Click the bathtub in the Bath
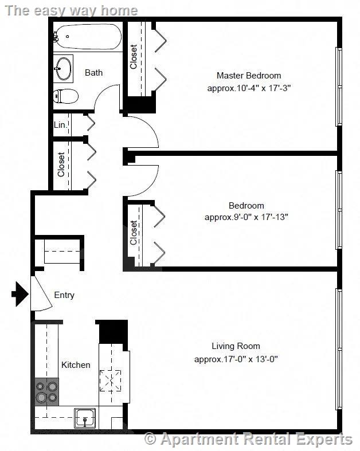(88, 37)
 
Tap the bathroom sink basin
(63, 68)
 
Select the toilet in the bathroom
(66, 96)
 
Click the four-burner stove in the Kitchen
(46, 392)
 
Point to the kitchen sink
(85, 418)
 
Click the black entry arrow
(20, 294)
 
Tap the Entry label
(64, 295)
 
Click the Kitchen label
(76, 364)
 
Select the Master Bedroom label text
(249, 76)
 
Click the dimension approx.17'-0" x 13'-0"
(236, 359)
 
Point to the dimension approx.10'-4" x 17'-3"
(249, 88)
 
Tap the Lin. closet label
(60, 125)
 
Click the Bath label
(93, 72)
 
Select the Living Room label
(236, 346)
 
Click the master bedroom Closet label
(133, 57)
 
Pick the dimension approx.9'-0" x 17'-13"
(246, 217)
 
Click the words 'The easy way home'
(71, 11)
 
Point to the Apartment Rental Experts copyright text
(248, 439)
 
